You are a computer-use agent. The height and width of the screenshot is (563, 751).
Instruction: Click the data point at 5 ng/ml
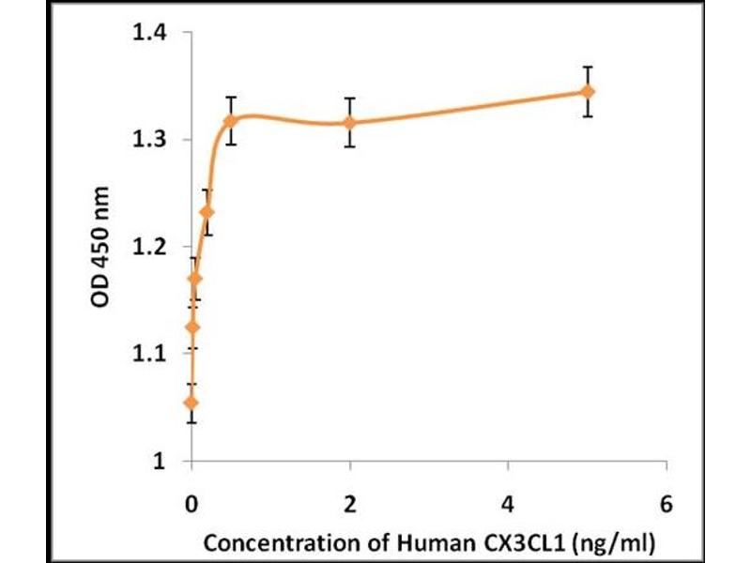(x=588, y=91)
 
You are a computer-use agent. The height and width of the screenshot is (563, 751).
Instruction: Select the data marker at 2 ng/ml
(x=350, y=122)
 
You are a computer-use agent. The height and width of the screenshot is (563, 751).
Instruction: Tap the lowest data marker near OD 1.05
(x=192, y=403)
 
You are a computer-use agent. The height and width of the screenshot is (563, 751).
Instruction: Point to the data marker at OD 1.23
(x=207, y=212)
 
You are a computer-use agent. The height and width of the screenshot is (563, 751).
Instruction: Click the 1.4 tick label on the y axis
(x=146, y=33)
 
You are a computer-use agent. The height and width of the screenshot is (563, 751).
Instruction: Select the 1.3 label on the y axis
(x=146, y=140)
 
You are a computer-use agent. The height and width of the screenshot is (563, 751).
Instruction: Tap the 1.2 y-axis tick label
(x=146, y=247)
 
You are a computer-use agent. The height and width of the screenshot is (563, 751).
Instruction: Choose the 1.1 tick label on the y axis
(x=146, y=354)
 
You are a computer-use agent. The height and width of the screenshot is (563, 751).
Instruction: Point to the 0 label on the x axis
(x=192, y=503)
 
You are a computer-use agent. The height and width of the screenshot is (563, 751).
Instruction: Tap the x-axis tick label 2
(x=350, y=503)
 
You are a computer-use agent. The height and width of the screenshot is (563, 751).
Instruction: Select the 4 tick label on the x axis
(x=508, y=503)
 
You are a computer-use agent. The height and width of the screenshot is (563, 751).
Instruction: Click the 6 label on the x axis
(x=667, y=503)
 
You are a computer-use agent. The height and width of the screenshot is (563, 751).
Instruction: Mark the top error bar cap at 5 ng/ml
(x=588, y=68)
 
